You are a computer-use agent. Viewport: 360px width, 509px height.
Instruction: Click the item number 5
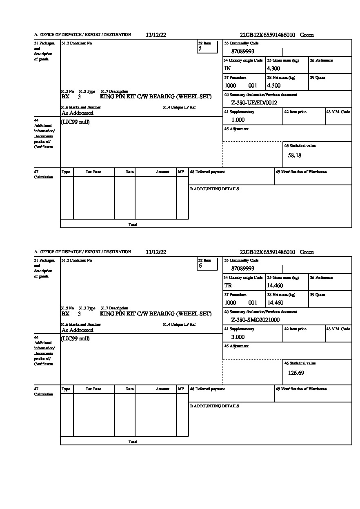(x=200, y=49)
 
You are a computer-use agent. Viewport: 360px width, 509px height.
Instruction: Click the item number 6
(x=200, y=266)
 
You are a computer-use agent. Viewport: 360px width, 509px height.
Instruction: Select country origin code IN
(x=227, y=69)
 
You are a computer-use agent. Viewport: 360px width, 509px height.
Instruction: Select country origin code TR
(x=228, y=286)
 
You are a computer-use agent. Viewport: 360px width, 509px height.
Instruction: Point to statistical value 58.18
(x=295, y=156)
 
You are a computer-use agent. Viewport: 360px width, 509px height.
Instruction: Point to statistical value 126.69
(x=296, y=373)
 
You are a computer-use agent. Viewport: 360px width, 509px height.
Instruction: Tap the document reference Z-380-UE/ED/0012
(x=254, y=103)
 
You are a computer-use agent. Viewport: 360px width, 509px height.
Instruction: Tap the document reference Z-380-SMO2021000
(x=255, y=320)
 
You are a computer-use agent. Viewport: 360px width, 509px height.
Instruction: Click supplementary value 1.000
(x=238, y=120)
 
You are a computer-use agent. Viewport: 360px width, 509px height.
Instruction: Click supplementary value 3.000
(x=238, y=337)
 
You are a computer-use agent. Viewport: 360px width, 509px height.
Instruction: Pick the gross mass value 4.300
(x=273, y=69)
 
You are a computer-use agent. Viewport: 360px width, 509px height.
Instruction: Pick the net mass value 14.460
(x=275, y=303)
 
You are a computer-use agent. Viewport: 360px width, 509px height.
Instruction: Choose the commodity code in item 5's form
(x=242, y=51)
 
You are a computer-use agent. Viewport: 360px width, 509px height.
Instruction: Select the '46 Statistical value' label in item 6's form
(x=300, y=363)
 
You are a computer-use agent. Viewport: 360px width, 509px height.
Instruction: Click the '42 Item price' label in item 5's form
(x=295, y=112)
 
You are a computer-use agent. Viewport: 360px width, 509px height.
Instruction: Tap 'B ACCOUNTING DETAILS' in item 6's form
(x=214, y=406)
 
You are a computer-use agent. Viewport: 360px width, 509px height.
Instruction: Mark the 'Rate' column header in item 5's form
(x=130, y=172)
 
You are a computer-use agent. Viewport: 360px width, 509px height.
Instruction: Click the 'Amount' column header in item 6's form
(x=162, y=389)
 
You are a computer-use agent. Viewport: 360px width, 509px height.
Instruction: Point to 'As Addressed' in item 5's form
(x=78, y=113)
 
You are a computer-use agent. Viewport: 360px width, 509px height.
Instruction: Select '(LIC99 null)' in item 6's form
(x=75, y=339)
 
